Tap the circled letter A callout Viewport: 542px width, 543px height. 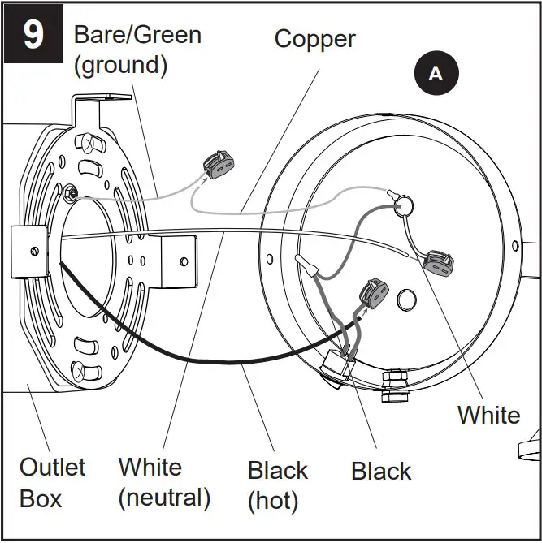[x=436, y=73]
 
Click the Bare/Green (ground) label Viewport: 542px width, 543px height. [x=137, y=50]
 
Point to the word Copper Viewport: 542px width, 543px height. [x=314, y=38]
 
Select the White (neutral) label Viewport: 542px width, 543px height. [x=163, y=482]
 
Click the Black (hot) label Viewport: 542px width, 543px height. [x=277, y=485]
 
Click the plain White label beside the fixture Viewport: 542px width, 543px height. [x=488, y=415]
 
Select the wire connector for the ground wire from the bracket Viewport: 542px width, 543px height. [x=218, y=165]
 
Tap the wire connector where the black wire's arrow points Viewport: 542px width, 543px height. [x=371, y=294]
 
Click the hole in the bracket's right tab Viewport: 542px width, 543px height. [x=184, y=261]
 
